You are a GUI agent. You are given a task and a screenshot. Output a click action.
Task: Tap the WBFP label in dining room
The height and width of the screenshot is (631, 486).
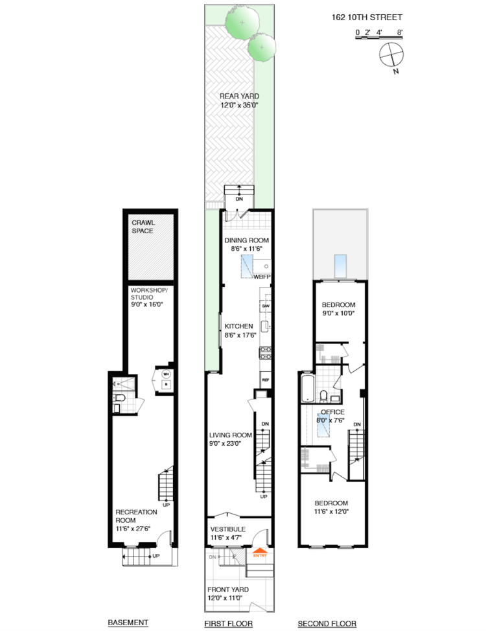[x=262, y=277]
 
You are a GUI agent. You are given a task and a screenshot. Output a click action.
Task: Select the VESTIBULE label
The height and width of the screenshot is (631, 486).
[x=227, y=529]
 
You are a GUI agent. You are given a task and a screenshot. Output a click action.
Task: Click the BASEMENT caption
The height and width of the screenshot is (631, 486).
[x=128, y=623]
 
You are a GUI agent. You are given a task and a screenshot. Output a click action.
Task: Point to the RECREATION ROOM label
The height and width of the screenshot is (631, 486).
[x=136, y=516]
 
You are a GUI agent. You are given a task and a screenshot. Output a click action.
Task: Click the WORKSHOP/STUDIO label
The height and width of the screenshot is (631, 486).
[x=149, y=293]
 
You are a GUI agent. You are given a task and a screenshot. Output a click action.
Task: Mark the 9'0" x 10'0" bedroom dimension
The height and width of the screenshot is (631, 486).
[x=339, y=313]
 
